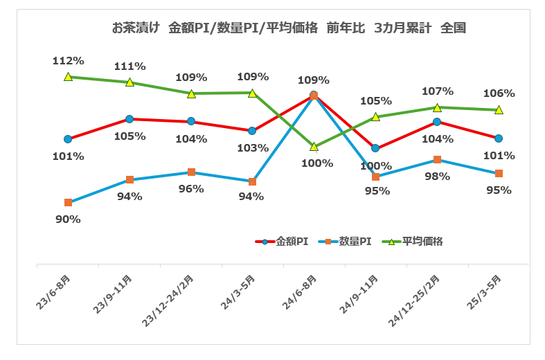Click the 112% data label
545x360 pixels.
[68, 61]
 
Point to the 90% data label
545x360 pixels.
[68, 219]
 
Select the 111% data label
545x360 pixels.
[129, 66]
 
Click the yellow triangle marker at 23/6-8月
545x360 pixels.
[68, 77]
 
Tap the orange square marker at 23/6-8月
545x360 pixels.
[68, 203]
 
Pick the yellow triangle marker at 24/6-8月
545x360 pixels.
[314, 147]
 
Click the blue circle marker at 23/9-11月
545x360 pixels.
[129, 119]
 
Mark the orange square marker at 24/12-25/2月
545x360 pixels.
[437, 160]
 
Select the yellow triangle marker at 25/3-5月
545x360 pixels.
[499, 110]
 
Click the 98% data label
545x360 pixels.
[438, 177]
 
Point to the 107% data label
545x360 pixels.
[438, 91]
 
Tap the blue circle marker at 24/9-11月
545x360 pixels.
[375, 148]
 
